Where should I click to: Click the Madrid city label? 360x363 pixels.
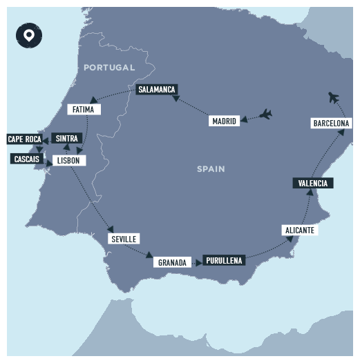click(x=224, y=121)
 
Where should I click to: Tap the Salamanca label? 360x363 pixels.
click(x=157, y=90)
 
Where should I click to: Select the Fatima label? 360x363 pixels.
click(x=83, y=109)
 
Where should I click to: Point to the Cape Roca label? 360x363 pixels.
click(x=24, y=139)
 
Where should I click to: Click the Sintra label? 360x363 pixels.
click(x=67, y=138)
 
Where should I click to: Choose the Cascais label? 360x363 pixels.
click(x=27, y=159)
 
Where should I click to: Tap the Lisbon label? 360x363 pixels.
click(x=68, y=160)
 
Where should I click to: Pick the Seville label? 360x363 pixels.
click(x=124, y=239)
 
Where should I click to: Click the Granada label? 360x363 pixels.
click(x=172, y=262)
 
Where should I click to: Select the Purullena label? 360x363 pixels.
click(x=224, y=261)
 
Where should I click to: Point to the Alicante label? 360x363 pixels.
click(x=299, y=230)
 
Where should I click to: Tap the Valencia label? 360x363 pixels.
click(x=313, y=183)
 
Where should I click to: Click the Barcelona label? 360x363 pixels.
click(x=331, y=123)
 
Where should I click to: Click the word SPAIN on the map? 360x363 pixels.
click(x=210, y=168)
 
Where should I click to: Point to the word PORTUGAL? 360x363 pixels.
click(x=109, y=67)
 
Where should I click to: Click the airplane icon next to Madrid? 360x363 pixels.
click(x=265, y=114)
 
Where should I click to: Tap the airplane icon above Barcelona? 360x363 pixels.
click(x=335, y=97)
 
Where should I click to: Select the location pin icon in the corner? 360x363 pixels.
click(x=28, y=35)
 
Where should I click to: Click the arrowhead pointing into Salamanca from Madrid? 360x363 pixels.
click(x=175, y=99)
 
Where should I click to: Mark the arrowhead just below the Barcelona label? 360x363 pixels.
click(x=339, y=133)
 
